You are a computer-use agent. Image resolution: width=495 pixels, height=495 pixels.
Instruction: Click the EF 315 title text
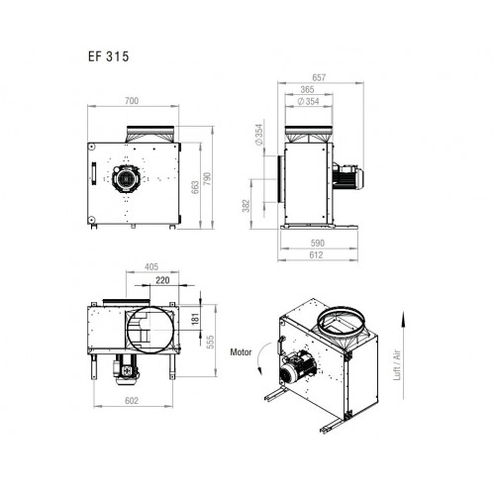click(x=108, y=56)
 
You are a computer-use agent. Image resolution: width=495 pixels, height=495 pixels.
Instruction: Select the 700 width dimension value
click(x=132, y=101)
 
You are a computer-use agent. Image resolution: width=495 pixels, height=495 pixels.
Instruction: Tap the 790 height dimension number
click(x=207, y=178)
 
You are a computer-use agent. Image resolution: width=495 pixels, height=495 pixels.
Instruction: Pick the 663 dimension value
click(x=195, y=187)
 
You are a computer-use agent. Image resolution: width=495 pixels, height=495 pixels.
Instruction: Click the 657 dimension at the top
click(x=319, y=77)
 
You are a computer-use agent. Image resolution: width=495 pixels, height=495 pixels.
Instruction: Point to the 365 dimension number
click(x=307, y=89)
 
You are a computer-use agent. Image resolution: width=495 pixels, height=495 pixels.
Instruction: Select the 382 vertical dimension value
click(x=247, y=206)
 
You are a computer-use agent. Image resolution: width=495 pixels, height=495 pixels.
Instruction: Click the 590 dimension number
click(x=318, y=244)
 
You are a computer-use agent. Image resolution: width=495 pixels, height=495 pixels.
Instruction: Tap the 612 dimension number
click(x=316, y=254)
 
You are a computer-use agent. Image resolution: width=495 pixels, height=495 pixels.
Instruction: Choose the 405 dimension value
click(x=151, y=266)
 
